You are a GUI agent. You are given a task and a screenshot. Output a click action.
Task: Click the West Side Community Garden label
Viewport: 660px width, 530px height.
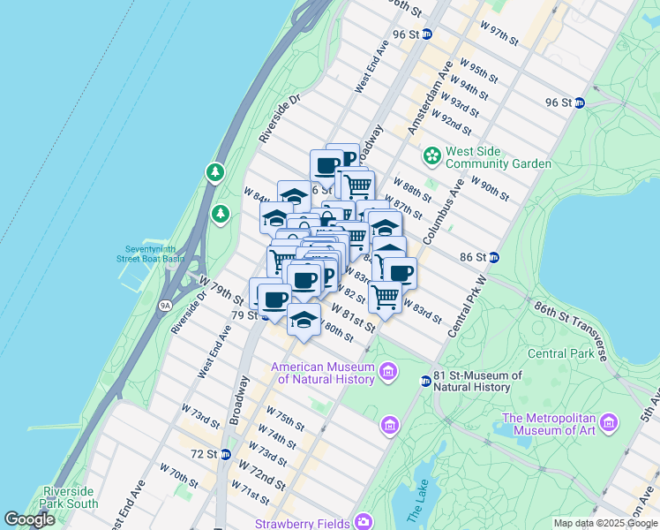coord(499,157)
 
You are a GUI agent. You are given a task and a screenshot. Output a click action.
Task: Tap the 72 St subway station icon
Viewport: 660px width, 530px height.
coord(226,454)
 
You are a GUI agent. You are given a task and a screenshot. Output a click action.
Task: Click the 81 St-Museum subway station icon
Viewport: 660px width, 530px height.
coord(425,381)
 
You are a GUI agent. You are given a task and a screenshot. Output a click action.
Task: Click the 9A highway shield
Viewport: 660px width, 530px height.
coord(165,306)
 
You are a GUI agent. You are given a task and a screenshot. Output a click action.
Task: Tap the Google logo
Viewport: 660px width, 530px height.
coord(30,519)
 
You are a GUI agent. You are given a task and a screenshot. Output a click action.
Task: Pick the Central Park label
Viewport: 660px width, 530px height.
coord(560,353)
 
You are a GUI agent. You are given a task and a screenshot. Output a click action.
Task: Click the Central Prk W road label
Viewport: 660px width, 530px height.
coord(468,306)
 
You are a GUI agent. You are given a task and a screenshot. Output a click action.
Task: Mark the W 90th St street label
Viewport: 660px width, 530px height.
coord(490,188)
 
